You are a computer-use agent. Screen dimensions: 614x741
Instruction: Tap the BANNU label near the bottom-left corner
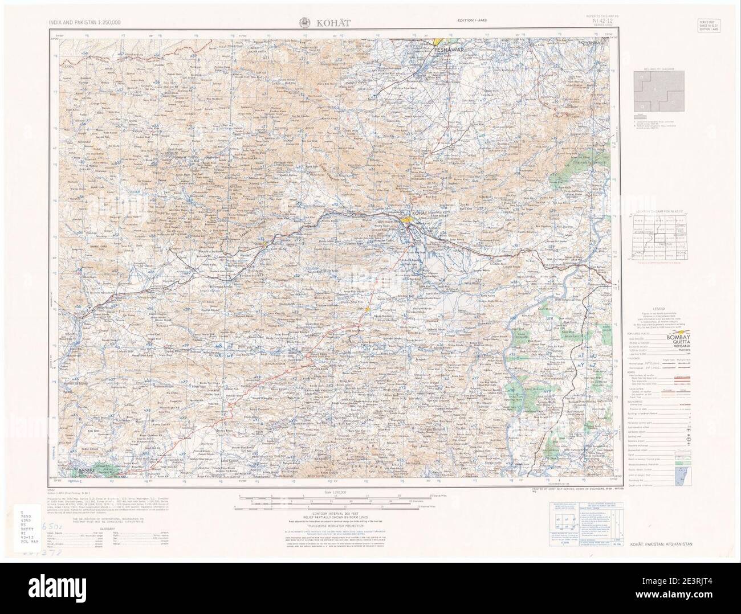click(x=87, y=469)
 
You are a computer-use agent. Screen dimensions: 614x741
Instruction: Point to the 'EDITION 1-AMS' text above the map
click(x=473, y=21)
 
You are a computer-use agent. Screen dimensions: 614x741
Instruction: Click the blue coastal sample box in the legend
click(x=681, y=473)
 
